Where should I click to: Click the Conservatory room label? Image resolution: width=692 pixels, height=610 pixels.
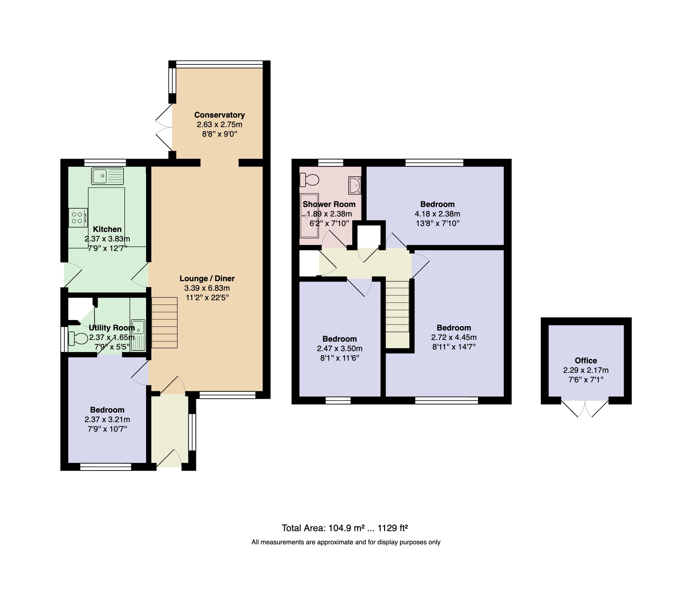(219, 115)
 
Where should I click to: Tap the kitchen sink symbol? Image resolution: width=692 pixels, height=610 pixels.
(107, 176)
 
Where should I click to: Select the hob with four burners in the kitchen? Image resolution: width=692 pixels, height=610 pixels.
(78, 217)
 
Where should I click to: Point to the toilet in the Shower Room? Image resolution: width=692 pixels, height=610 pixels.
(310, 179)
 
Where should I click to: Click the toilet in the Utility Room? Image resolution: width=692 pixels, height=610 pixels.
(78, 338)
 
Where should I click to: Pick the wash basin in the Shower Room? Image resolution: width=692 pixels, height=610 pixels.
(355, 185)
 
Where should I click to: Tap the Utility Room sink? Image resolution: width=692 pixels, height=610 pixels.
(138, 335)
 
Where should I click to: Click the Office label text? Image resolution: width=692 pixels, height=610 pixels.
(586, 360)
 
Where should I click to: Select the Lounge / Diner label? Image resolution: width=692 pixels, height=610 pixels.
(207, 279)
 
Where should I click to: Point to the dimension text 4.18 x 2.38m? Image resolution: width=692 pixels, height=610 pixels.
(437, 214)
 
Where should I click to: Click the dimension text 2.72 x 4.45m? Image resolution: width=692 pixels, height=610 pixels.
(454, 337)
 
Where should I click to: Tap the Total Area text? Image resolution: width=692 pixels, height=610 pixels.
(345, 528)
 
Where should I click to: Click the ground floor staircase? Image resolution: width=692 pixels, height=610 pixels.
(164, 323)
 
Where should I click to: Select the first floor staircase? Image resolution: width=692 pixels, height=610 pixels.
(398, 314)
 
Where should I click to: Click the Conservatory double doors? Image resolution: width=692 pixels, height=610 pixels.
(164, 127)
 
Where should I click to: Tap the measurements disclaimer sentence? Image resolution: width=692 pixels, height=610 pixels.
(346, 542)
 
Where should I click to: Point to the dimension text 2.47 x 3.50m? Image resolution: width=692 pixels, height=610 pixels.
(339, 349)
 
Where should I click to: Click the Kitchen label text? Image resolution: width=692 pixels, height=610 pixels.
(107, 229)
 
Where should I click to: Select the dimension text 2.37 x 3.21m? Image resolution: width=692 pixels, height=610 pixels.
(107, 419)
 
